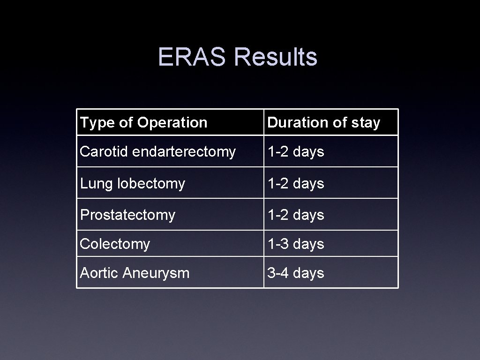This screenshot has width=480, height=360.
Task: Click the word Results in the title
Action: [276, 57]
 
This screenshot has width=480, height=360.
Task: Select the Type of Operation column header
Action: [143, 123]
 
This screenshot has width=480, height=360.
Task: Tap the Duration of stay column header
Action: [323, 123]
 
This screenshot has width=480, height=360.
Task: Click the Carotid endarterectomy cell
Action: [157, 152]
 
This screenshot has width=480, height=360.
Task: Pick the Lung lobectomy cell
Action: [133, 183]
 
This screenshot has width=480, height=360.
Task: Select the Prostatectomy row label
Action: [127, 215]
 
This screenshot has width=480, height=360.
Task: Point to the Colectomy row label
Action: [115, 244]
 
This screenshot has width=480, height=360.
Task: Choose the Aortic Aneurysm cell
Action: [135, 273]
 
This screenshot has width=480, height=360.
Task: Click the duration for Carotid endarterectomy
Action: [296, 152]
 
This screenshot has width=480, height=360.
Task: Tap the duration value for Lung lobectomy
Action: [296, 183]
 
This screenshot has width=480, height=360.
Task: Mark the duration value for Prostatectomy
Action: [296, 215]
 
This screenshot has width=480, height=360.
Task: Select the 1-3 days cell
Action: [296, 244]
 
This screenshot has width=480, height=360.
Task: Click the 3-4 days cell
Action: [296, 273]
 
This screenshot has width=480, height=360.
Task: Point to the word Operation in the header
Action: [172, 123]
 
